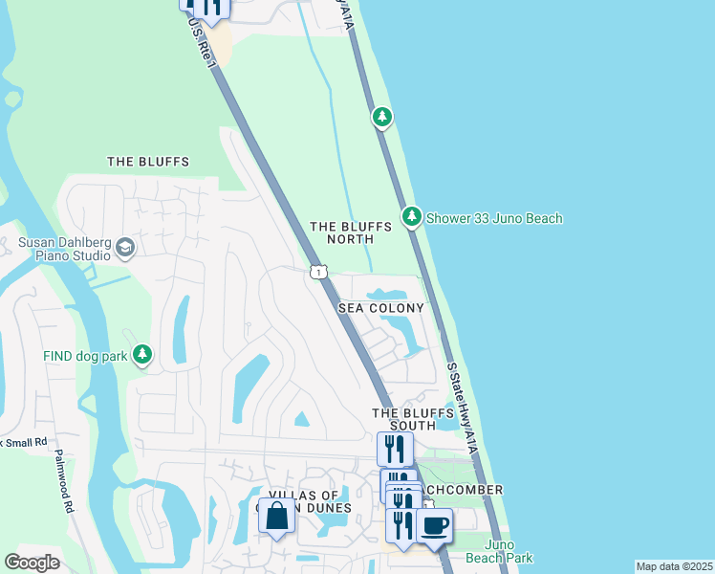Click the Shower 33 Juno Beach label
click(494, 218)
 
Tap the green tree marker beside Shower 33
click(411, 217)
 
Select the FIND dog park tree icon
click(142, 356)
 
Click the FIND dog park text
click(84, 356)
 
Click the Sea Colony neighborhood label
click(380, 308)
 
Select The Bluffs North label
click(351, 232)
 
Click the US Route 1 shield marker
click(319, 273)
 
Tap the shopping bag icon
click(276, 517)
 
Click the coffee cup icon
click(434, 525)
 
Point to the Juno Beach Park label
click(499, 551)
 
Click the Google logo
click(32, 563)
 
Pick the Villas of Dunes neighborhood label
click(305, 500)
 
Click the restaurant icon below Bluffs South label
click(394, 449)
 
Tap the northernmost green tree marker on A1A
click(382, 117)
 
